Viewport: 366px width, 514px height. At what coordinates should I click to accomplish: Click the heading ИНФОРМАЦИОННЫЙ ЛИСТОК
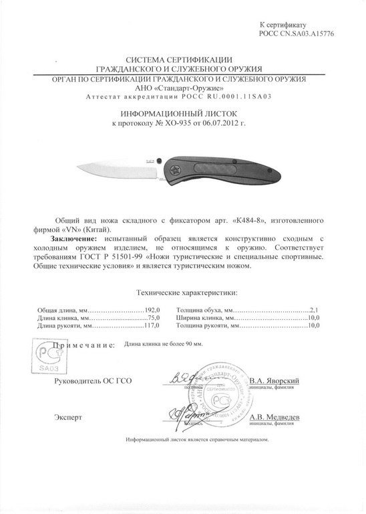pos(183,115)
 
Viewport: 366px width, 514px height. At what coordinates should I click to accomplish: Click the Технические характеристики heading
pos(186,292)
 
